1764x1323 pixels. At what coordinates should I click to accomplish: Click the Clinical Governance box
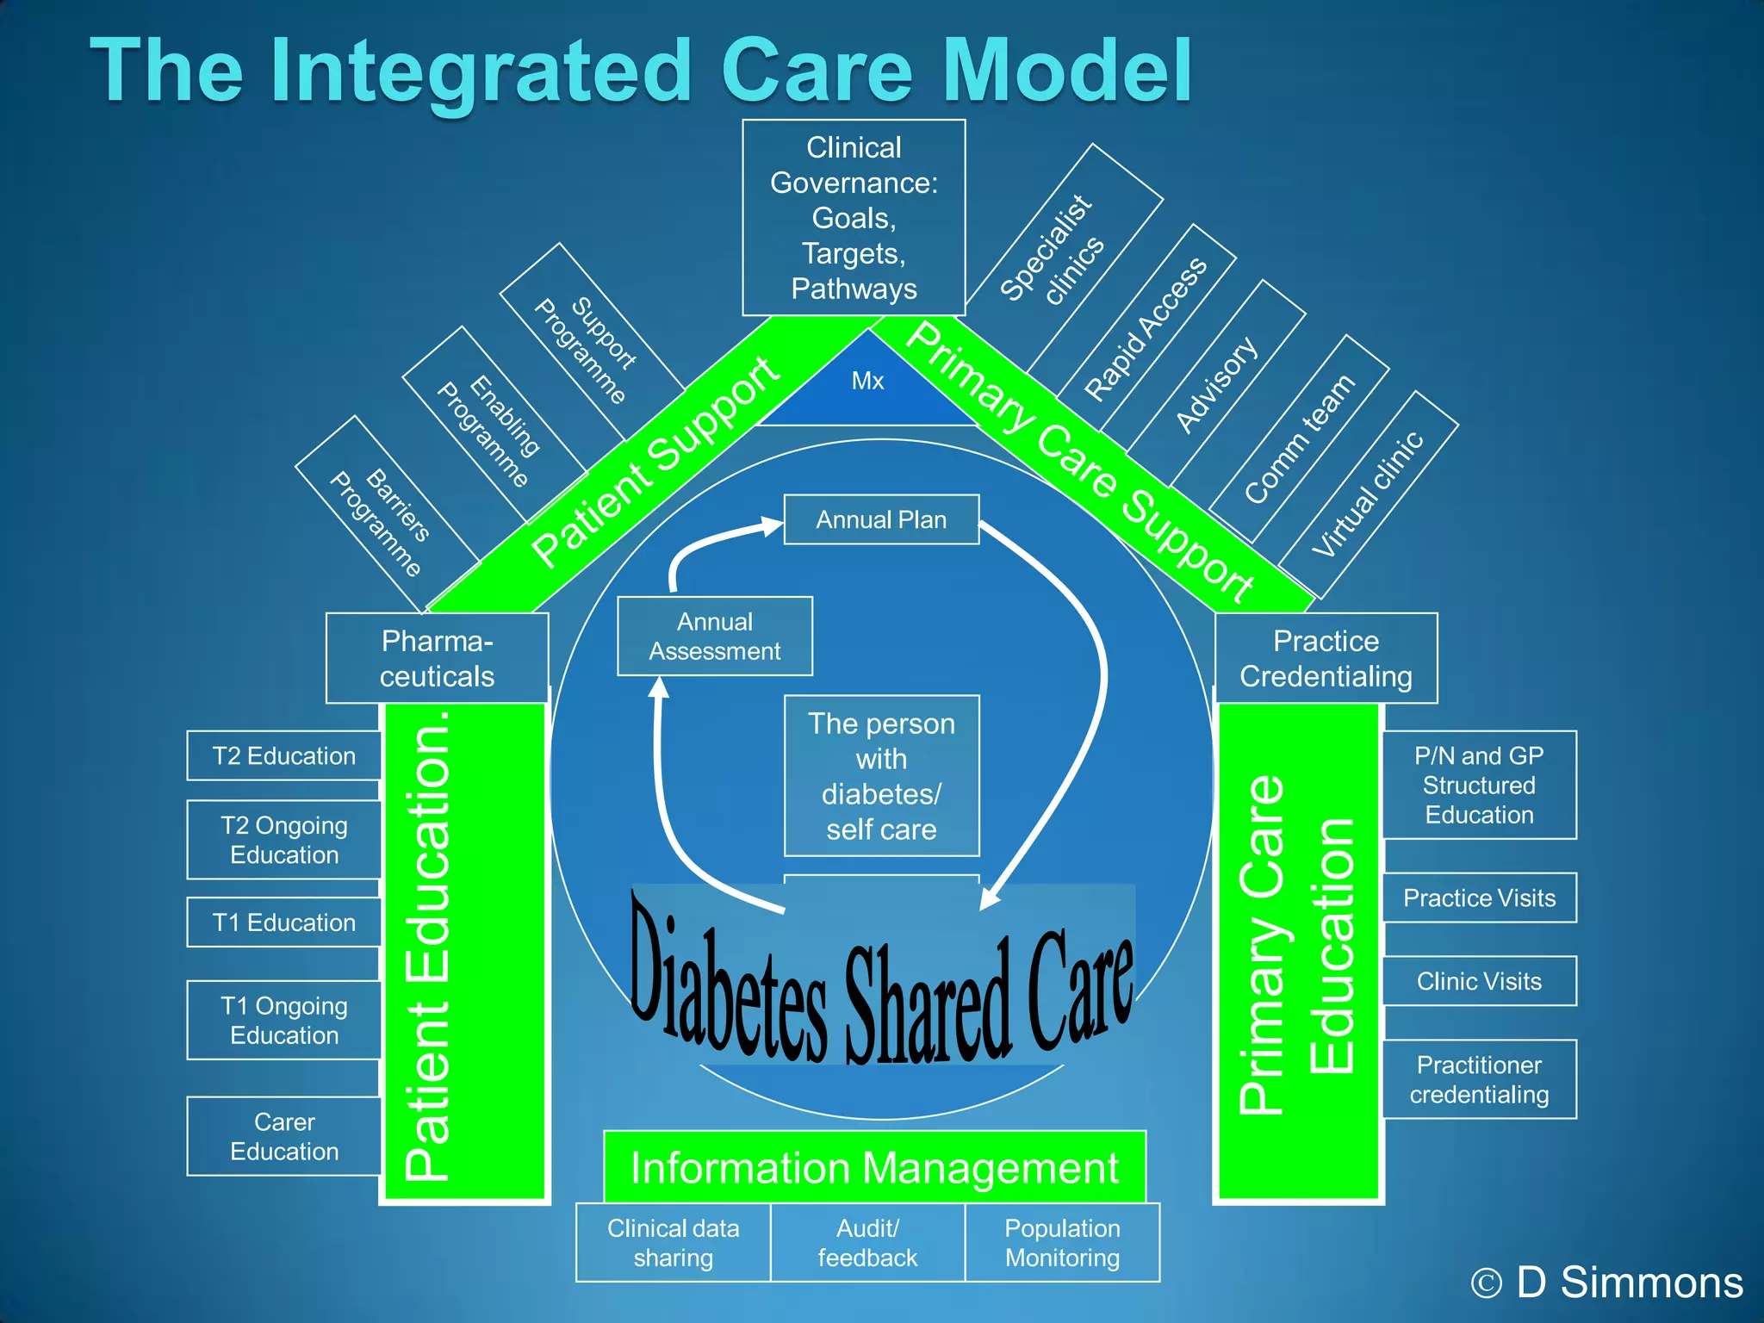pyautogui.click(x=854, y=217)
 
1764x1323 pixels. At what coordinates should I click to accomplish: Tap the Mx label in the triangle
pyautogui.click(x=867, y=381)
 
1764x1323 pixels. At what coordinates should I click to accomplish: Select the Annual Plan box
pyautogui.click(x=881, y=519)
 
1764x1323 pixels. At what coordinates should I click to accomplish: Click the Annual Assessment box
pyautogui.click(x=714, y=636)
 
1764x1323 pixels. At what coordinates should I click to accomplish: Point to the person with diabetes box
pyautogui.click(x=881, y=775)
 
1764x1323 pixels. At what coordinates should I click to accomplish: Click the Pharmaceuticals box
pyautogui.click(x=437, y=658)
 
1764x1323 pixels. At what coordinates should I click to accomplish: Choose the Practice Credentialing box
pyautogui.click(x=1326, y=658)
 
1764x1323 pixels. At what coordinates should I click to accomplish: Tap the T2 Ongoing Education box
pyautogui.click(x=284, y=840)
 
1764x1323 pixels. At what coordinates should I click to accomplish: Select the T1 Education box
pyautogui.click(x=284, y=922)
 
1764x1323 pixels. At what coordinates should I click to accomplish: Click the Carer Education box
pyautogui.click(x=284, y=1136)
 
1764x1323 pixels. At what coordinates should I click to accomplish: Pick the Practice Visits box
pyautogui.click(x=1479, y=898)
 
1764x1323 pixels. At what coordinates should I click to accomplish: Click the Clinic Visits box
pyautogui.click(x=1479, y=981)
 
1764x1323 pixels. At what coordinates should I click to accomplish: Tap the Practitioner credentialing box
pyautogui.click(x=1479, y=1079)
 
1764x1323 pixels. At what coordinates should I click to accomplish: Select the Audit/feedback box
pyautogui.click(x=867, y=1242)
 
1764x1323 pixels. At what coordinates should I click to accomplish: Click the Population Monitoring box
pyautogui.click(x=1062, y=1242)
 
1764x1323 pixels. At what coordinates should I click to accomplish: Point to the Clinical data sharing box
pyautogui.click(x=673, y=1242)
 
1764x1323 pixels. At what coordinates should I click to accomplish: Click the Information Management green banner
pyautogui.click(x=874, y=1168)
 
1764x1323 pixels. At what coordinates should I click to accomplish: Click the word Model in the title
pyautogui.click(x=1068, y=71)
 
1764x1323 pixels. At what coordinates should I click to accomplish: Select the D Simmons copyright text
pyautogui.click(x=1607, y=1282)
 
